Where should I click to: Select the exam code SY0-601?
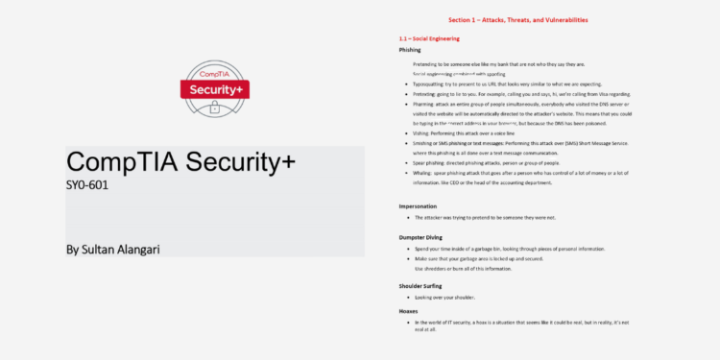click(x=87, y=183)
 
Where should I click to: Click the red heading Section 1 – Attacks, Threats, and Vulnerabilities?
click(x=517, y=19)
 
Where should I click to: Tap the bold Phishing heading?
click(x=410, y=49)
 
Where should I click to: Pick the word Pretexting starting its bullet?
click(x=427, y=94)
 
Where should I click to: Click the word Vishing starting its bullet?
click(x=424, y=133)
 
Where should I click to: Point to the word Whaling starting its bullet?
click(x=426, y=173)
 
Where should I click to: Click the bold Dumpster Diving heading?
click(x=422, y=237)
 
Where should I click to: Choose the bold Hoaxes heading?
click(x=409, y=311)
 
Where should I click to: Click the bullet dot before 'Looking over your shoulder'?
click(x=406, y=299)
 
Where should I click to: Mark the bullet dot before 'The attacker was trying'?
click(x=406, y=218)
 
